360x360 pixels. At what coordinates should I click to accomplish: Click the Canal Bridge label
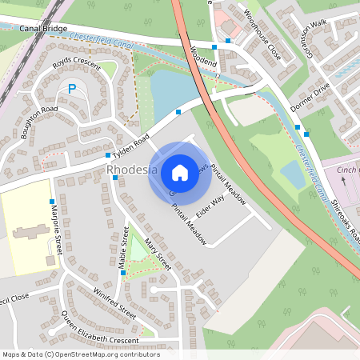click(x=43, y=28)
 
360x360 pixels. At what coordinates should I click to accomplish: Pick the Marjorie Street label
click(x=55, y=233)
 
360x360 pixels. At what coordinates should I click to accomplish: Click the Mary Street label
click(x=158, y=254)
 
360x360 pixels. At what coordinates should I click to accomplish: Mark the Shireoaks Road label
click(x=346, y=217)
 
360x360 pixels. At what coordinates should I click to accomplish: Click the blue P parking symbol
click(x=72, y=90)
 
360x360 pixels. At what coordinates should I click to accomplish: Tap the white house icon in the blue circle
click(x=180, y=173)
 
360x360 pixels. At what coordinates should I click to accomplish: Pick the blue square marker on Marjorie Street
click(x=52, y=201)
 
